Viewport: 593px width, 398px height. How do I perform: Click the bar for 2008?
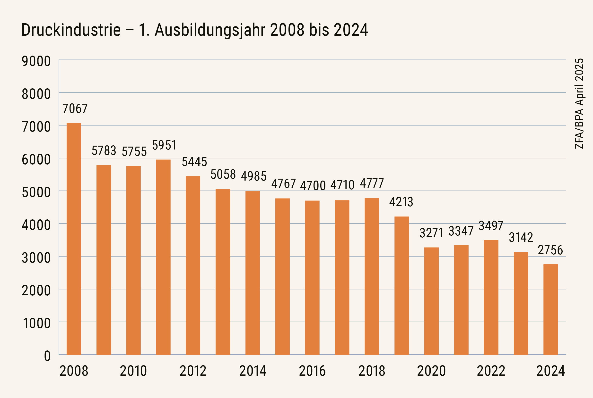(74, 239)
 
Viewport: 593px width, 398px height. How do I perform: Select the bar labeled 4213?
(401, 285)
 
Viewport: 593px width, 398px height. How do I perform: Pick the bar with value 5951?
(163, 257)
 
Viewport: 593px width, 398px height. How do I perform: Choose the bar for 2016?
(312, 277)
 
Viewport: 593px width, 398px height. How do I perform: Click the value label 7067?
(75, 109)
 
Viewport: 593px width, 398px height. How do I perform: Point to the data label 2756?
(550, 250)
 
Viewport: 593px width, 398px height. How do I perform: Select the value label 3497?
(491, 226)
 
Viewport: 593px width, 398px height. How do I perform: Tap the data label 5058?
(223, 175)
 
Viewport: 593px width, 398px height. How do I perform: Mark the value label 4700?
(313, 186)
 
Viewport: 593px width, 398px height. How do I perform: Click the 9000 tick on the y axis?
(36, 61)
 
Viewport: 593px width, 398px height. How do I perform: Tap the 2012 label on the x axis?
(193, 371)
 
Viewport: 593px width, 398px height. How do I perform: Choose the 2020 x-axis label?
(431, 371)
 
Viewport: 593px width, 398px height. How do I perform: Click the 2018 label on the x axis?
(372, 371)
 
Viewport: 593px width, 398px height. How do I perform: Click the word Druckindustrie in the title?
(71, 30)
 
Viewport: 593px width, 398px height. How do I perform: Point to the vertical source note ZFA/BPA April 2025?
(579, 104)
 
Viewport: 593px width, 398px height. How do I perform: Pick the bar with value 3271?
(431, 301)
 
